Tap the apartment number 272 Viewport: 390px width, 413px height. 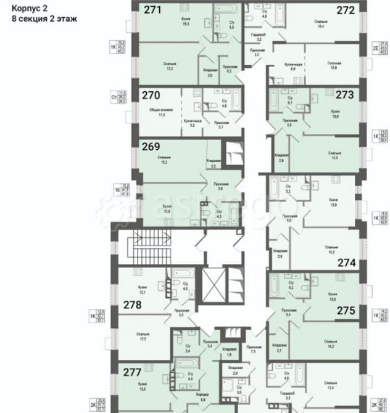[x=345, y=10]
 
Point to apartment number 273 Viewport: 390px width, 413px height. [x=344, y=95]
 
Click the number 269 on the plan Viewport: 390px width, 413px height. [x=151, y=147]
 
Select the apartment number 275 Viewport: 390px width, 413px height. [x=346, y=312]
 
